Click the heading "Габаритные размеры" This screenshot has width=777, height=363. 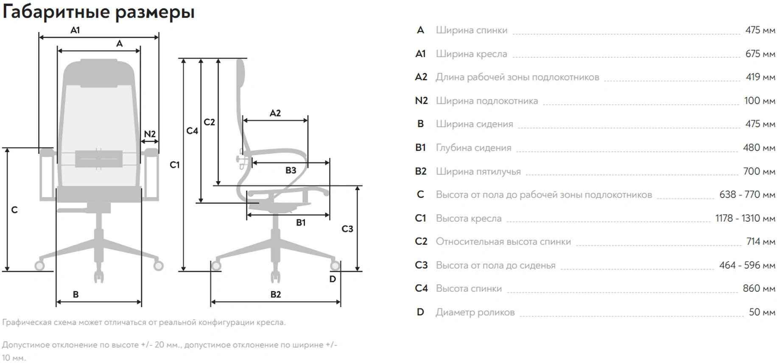98,12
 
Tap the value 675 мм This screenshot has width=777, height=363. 760,54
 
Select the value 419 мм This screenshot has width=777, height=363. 760,77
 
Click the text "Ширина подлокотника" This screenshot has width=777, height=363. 487,101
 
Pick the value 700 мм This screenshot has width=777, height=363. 759,171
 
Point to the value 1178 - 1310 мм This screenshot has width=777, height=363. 745,218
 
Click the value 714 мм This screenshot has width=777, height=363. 761,242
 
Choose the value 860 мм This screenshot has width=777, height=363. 759,289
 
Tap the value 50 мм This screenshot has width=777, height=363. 762,312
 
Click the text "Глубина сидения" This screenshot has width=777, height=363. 474,148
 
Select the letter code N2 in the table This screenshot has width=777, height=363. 421,101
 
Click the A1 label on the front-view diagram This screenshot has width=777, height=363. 75,30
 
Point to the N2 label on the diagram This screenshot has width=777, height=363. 150,134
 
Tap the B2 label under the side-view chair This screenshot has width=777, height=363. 276,294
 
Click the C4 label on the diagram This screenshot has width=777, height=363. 192,131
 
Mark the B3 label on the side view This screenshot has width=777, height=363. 291,170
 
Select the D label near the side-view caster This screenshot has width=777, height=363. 333,279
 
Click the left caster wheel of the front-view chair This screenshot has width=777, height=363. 39,266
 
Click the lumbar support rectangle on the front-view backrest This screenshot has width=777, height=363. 99,159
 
